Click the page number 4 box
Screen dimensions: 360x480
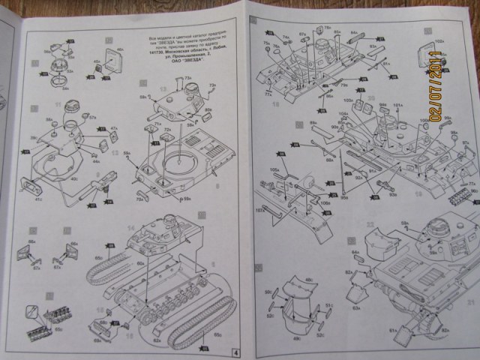pyautogui.click(x=235, y=352)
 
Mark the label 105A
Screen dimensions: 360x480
pyautogui.click(x=274, y=170)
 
